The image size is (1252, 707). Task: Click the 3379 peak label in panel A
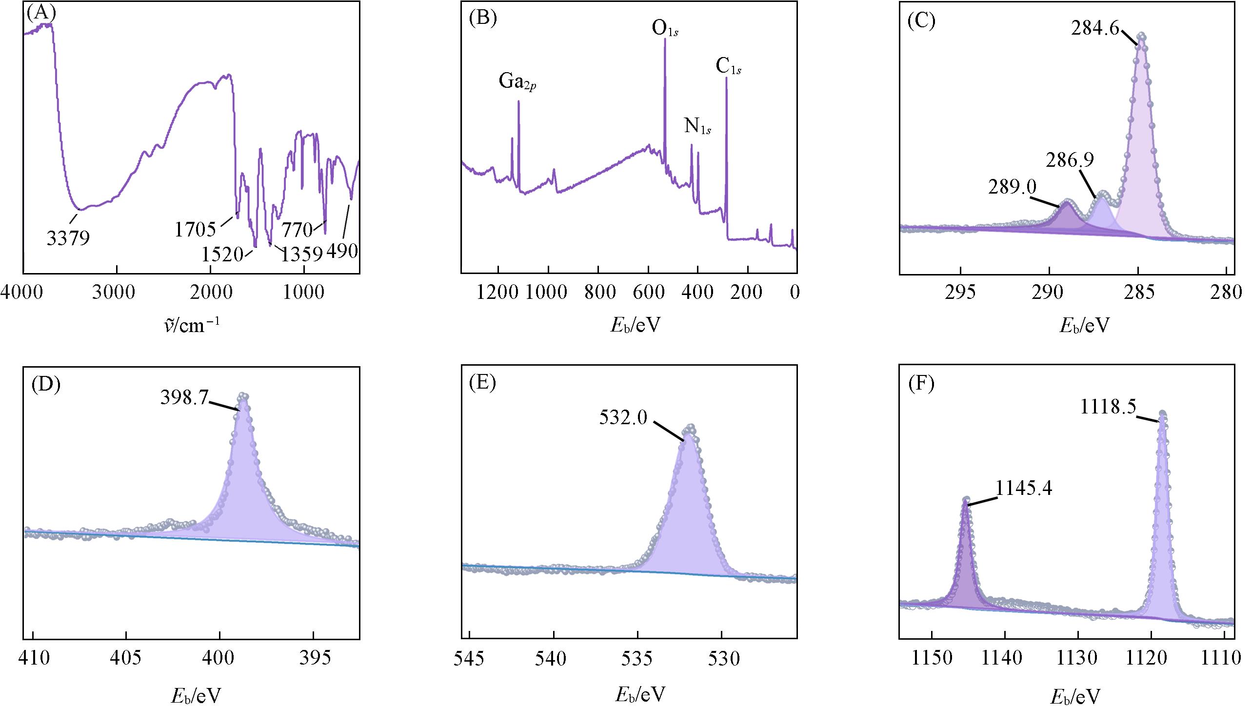click(x=68, y=238)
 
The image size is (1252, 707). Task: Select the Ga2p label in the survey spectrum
click(x=517, y=81)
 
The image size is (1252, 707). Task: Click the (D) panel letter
click(x=45, y=385)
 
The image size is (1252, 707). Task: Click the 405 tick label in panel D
click(x=126, y=659)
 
